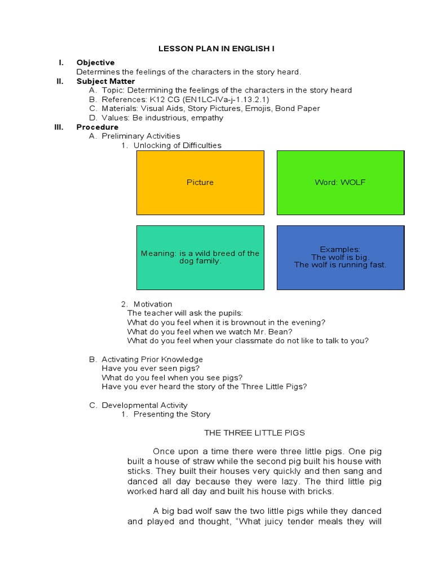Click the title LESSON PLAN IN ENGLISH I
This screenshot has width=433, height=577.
[216, 49]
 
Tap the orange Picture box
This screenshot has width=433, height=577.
[200, 183]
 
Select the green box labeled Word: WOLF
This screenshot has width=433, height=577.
[340, 183]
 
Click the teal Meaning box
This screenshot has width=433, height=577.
[200, 258]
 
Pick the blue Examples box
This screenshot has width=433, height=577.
[340, 258]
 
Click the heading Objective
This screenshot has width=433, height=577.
[95, 63]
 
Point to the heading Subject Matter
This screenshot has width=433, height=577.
[105, 81]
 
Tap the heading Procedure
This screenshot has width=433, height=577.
[98, 127]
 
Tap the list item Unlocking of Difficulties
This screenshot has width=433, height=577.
[177, 145]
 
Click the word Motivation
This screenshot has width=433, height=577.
[153, 304]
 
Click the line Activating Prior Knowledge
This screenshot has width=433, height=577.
[152, 359]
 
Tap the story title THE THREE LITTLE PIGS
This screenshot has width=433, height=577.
[254, 433]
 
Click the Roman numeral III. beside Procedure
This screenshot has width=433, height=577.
[59, 127]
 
